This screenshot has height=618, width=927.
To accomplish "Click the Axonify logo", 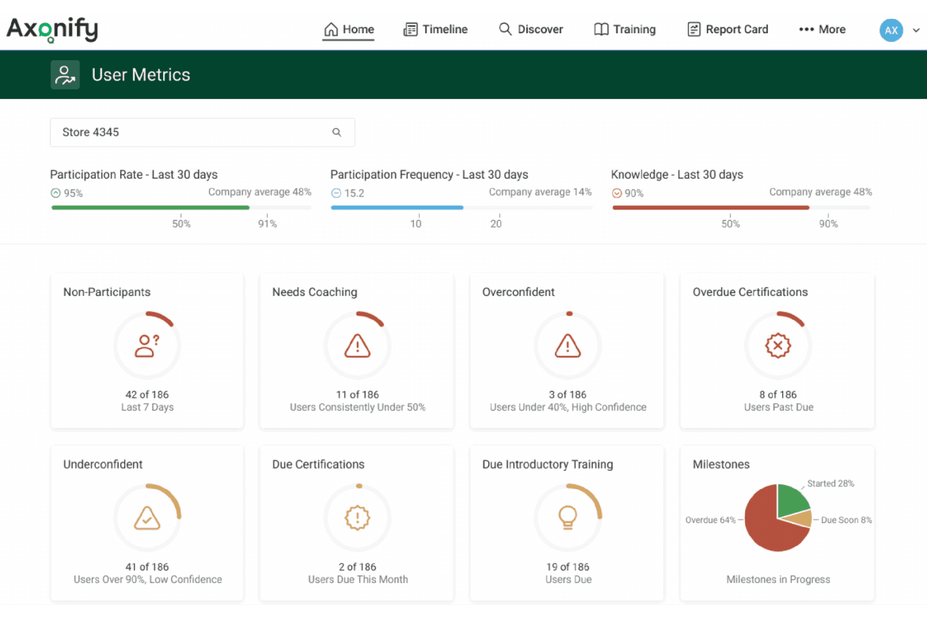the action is pos(52,30).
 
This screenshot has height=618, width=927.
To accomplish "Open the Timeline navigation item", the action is pos(435,29).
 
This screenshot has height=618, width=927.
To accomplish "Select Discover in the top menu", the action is pos(531,29).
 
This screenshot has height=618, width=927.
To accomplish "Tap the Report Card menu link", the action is pos(728,29).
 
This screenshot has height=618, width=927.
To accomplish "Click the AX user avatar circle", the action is pos(891,30).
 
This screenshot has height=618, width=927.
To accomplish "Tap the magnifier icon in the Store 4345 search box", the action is pos(337,132).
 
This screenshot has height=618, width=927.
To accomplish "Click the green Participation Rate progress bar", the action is pos(150,208).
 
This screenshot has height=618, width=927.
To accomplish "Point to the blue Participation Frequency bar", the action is pos(397,208).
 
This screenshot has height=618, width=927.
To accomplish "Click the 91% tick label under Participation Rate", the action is pos(267,224).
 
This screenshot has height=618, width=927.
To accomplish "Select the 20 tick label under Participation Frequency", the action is pos(496,224).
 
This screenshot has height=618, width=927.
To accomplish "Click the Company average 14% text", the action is pos(540,192).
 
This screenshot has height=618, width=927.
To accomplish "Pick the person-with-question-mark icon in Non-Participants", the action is pos(147,346).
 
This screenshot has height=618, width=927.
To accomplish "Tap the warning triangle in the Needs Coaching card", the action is pos(357,346).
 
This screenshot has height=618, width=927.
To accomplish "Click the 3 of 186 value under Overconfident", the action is pos(567,394).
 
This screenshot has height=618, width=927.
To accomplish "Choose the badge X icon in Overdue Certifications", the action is pos(778,346).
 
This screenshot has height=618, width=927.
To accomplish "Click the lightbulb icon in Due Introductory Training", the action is pos(567,517).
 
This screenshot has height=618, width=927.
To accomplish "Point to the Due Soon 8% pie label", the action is pos(846,520).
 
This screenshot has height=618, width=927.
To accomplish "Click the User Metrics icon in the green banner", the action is pos(65,75).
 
